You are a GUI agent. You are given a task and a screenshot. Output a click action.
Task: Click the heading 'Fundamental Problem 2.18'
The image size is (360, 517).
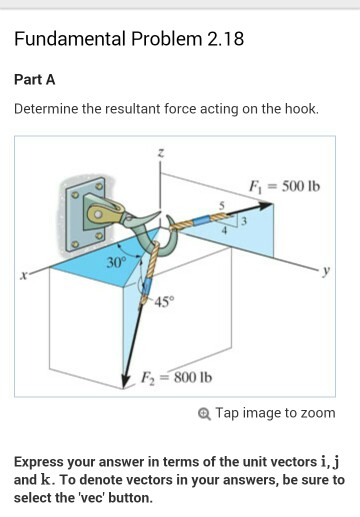(x=129, y=40)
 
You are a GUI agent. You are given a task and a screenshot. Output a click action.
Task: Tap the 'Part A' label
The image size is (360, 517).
(x=34, y=79)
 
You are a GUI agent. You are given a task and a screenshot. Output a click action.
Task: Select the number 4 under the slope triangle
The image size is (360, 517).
(x=226, y=231)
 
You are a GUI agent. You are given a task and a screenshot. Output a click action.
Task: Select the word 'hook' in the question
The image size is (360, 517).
(x=297, y=108)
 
